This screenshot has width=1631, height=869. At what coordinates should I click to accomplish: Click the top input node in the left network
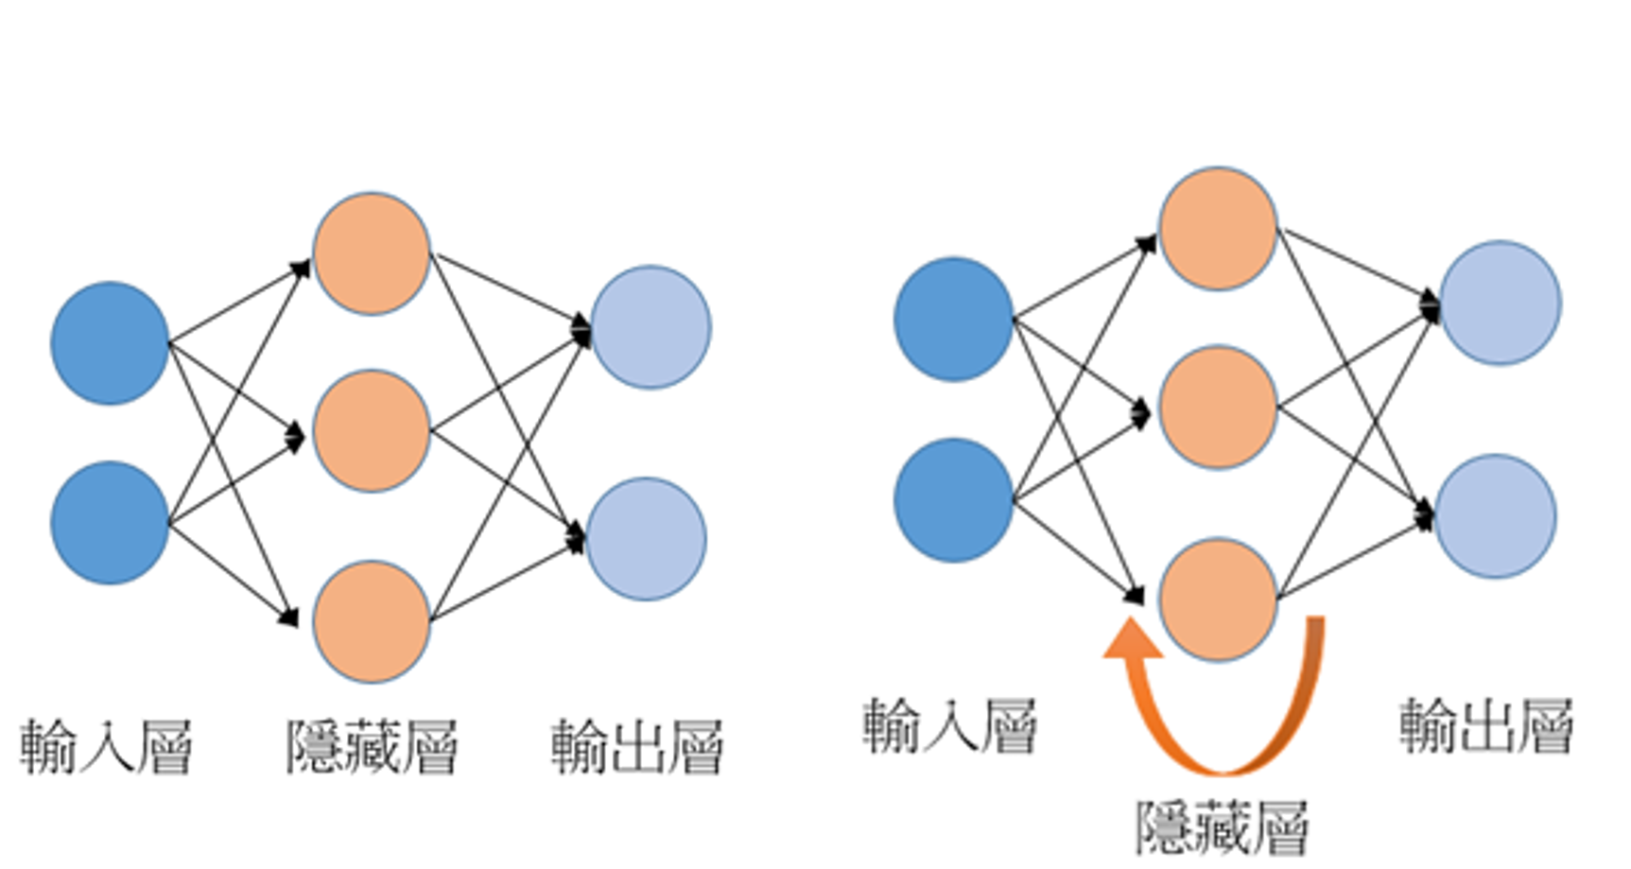(110, 343)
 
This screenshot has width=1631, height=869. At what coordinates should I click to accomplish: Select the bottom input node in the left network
(110, 523)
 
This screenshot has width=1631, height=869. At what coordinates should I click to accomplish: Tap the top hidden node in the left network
(372, 253)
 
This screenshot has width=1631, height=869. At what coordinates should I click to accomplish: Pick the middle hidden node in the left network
(372, 431)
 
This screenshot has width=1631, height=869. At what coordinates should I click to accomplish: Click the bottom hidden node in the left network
(372, 621)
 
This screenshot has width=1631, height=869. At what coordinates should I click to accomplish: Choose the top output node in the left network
(651, 327)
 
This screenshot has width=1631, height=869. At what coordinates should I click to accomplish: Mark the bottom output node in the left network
(647, 539)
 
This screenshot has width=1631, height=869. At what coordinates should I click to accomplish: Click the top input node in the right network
(953, 320)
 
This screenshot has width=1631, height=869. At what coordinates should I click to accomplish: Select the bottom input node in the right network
(953, 500)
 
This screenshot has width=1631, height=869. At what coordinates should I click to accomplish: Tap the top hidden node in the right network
(1218, 229)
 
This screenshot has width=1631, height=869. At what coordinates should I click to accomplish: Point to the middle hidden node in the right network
(1218, 407)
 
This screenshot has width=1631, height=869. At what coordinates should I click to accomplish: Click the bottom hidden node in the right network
(1218, 599)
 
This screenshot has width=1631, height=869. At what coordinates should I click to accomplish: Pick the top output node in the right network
(1501, 303)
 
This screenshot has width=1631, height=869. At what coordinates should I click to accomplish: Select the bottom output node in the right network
(1496, 516)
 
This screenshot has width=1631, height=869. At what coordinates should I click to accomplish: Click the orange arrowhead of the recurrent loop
(1132, 640)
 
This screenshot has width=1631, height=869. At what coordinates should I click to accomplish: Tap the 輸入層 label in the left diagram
(106, 747)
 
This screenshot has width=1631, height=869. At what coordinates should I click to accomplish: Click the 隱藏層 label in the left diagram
(372, 747)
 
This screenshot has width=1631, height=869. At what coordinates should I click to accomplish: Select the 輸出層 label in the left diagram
(637, 747)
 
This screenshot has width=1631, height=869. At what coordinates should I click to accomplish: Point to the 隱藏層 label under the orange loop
(1222, 827)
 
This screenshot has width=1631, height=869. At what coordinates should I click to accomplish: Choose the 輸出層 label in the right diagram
(1486, 726)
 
